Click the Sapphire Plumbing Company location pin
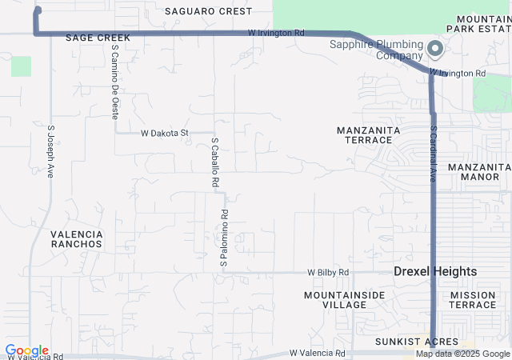click(x=435, y=50)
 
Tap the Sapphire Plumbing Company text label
click(x=376, y=50)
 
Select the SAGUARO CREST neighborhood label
click(x=208, y=11)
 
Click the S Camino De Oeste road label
click(x=115, y=82)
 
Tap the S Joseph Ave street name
click(x=50, y=150)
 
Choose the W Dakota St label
click(x=164, y=133)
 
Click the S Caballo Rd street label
click(x=215, y=162)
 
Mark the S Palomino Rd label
click(x=225, y=238)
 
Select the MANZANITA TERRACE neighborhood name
click(x=365, y=134)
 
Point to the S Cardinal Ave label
click(x=433, y=153)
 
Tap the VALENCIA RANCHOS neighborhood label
click(x=76, y=238)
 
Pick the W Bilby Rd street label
click(x=328, y=273)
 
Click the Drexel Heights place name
click(x=435, y=272)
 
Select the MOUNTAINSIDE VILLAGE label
click(x=344, y=300)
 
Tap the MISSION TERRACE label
click(x=473, y=300)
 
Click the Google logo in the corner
click(x=26, y=350)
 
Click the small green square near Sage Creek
click(x=21, y=66)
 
